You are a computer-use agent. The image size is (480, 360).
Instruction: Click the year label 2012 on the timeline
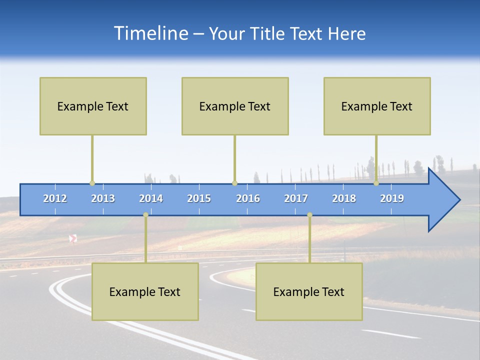pos(55,198)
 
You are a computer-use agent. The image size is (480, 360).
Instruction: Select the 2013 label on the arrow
pos(103,198)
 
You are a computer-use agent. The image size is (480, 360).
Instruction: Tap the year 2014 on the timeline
pos(151,198)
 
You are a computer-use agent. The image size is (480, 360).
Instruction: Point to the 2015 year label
pos(199,198)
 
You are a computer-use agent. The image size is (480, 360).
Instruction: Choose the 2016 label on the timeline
pos(248,198)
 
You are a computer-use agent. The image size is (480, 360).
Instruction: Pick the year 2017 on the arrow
pos(296,198)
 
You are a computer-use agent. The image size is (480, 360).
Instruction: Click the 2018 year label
pos(344,198)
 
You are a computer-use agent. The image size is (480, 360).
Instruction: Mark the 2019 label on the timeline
pos(392,198)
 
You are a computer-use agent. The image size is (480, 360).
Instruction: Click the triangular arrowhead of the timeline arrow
pos(442,200)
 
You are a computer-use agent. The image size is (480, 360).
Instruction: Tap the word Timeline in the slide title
pos(150,33)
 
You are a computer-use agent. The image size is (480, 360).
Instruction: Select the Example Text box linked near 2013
pos(93,106)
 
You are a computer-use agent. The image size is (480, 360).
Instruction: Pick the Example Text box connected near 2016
pos(235,106)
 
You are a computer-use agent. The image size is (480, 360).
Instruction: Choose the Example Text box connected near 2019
pos(377,106)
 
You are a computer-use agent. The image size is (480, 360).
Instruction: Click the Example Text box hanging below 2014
pos(145,291)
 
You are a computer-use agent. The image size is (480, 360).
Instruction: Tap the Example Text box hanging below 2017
pos(309,291)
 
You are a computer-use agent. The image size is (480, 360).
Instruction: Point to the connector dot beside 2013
pos(92,183)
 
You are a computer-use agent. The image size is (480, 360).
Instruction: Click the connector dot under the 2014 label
pos(145,215)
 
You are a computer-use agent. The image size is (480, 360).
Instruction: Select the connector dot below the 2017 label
pos(309,215)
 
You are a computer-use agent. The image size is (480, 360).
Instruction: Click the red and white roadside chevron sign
pos(73,238)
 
